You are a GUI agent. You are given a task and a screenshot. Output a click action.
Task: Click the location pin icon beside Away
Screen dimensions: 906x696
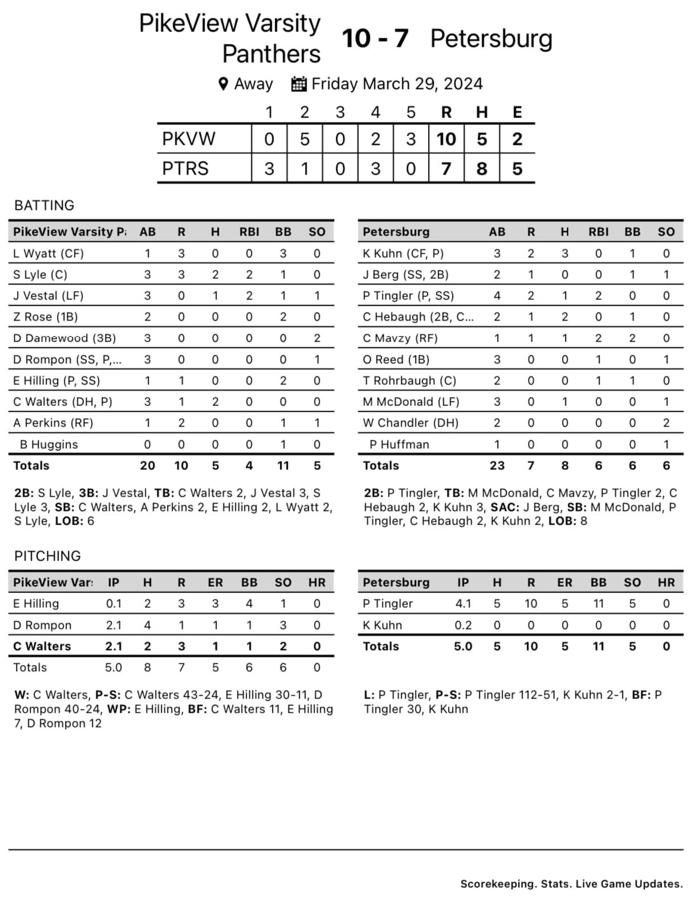pyautogui.click(x=223, y=84)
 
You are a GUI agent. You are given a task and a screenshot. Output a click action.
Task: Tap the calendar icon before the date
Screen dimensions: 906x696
pyautogui.click(x=299, y=84)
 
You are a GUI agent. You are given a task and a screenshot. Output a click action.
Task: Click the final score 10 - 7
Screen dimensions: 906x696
pyautogui.click(x=375, y=39)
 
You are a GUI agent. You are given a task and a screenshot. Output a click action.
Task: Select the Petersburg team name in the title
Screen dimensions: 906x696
pyautogui.click(x=491, y=39)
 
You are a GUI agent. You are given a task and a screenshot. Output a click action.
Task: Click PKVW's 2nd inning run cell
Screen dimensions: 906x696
pyautogui.click(x=304, y=139)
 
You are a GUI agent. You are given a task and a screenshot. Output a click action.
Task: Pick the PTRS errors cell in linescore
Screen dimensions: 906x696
pyautogui.click(x=517, y=169)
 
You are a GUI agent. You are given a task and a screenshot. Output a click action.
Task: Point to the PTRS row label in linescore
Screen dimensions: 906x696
pyautogui.click(x=185, y=169)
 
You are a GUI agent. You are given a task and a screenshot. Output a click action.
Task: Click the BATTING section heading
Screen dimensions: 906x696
pyautogui.click(x=44, y=205)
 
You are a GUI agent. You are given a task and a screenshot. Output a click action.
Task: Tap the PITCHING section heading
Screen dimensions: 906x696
pyautogui.click(x=47, y=556)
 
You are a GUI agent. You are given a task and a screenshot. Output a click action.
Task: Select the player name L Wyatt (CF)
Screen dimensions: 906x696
pyautogui.click(x=48, y=253)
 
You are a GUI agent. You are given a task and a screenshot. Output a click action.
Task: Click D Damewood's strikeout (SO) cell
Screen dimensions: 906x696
pyautogui.click(x=317, y=338)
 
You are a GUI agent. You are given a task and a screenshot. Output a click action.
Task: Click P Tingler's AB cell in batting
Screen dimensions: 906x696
pyautogui.click(x=497, y=295)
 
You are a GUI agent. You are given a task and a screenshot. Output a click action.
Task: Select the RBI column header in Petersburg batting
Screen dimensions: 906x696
pyautogui.click(x=599, y=231)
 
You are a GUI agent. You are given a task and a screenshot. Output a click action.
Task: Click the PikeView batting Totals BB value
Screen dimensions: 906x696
pyautogui.click(x=283, y=465)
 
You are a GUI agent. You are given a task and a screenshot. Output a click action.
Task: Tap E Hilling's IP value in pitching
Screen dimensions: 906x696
pyautogui.click(x=113, y=603)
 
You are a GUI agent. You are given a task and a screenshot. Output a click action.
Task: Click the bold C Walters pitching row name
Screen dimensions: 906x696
pyautogui.click(x=42, y=646)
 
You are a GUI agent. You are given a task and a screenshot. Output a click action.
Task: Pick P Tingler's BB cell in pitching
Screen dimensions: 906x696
pyautogui.click(x=599, y=603)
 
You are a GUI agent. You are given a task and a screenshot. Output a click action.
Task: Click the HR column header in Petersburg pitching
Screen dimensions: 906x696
pyautogui.click(x=666, y=582)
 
